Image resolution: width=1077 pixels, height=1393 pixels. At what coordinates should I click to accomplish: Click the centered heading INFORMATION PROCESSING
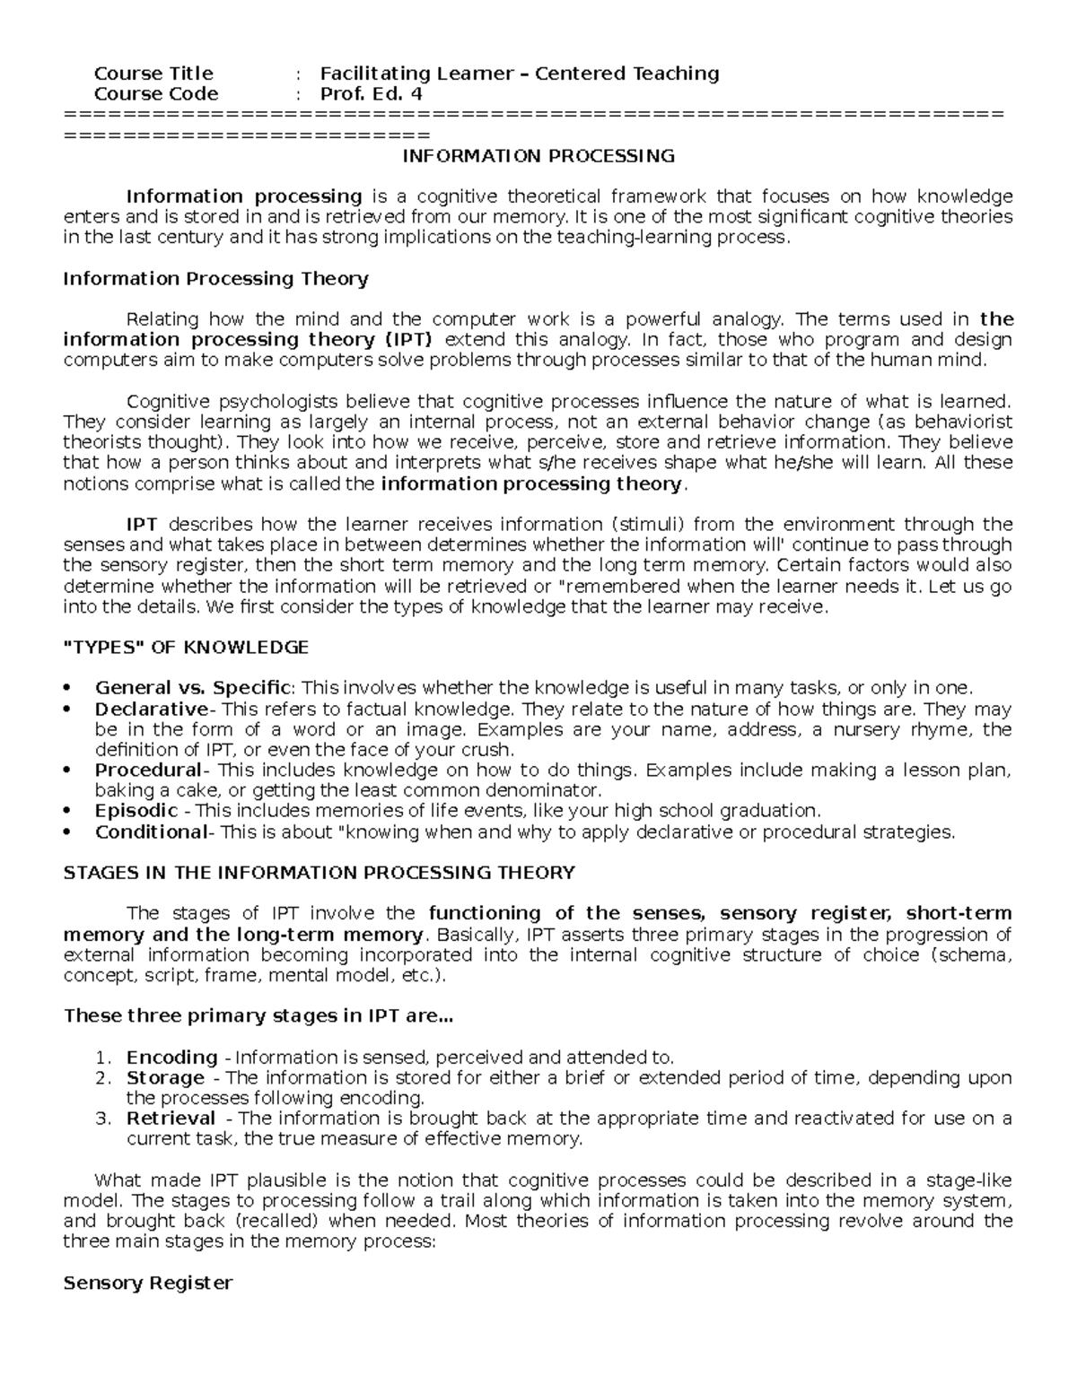(538, 156)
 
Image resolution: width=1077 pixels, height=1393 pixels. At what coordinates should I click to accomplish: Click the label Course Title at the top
(153, 74)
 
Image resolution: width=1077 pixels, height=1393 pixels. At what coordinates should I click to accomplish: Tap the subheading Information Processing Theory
(215, 279)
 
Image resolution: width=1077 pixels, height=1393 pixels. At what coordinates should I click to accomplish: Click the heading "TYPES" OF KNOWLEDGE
(186, 648)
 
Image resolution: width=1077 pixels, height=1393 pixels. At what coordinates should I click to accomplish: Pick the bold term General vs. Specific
(193, 688)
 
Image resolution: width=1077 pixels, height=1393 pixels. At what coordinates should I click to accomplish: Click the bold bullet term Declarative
(151, 709)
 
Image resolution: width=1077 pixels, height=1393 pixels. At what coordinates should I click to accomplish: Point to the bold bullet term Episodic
(136, 811)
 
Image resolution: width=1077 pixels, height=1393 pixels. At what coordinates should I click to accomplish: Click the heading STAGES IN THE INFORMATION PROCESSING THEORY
(319, 873)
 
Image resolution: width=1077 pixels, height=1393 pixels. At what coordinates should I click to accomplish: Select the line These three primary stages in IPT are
(258, 1016)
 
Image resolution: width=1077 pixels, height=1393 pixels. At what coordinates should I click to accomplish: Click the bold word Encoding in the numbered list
(171, 1058)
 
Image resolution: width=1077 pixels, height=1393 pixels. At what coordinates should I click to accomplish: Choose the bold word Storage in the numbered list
(165, 1078)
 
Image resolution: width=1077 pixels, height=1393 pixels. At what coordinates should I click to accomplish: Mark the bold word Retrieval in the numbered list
(171, 1119)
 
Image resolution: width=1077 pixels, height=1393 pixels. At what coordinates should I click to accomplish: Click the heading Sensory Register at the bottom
(148, 1284)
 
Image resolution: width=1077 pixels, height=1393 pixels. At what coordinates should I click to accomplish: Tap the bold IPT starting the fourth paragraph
(142, 525)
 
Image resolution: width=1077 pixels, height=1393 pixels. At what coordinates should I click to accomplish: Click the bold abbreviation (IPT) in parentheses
(408, 340)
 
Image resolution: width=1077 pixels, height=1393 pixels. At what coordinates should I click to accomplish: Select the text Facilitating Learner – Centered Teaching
(520, 74)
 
